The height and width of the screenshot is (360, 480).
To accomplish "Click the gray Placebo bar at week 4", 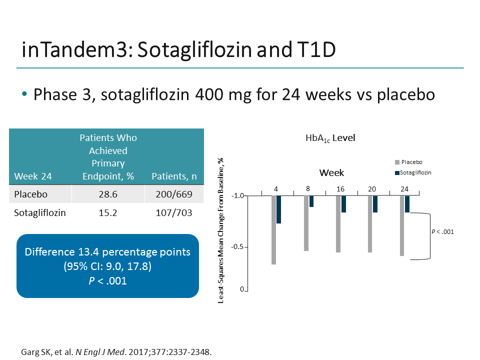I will click(274, 229).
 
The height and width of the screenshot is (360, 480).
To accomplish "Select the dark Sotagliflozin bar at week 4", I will click(279, 209).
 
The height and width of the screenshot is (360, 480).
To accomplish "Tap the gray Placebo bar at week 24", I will click(402, 225).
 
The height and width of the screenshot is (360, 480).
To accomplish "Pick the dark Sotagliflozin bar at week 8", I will click(311, 201).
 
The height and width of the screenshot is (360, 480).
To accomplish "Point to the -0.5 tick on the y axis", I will click(237, 247).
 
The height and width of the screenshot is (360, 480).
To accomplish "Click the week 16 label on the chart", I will click(340, 189).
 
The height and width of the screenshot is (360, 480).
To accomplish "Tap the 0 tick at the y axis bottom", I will click(241, 289).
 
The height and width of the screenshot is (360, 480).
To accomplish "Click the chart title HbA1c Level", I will click(330, 138).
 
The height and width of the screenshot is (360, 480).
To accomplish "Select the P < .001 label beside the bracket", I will click(442, 231).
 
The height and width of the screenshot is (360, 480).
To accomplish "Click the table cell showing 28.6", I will click(107, 194).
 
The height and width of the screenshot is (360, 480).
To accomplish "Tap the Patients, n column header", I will click(173, 176).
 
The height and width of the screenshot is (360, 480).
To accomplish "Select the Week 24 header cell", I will click(33, 176).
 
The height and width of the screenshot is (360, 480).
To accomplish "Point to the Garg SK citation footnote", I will click(116, 351).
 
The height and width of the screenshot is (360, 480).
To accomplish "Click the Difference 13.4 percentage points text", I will click(107, 252).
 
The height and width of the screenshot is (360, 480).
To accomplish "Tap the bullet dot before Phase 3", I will click(25, 94).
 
